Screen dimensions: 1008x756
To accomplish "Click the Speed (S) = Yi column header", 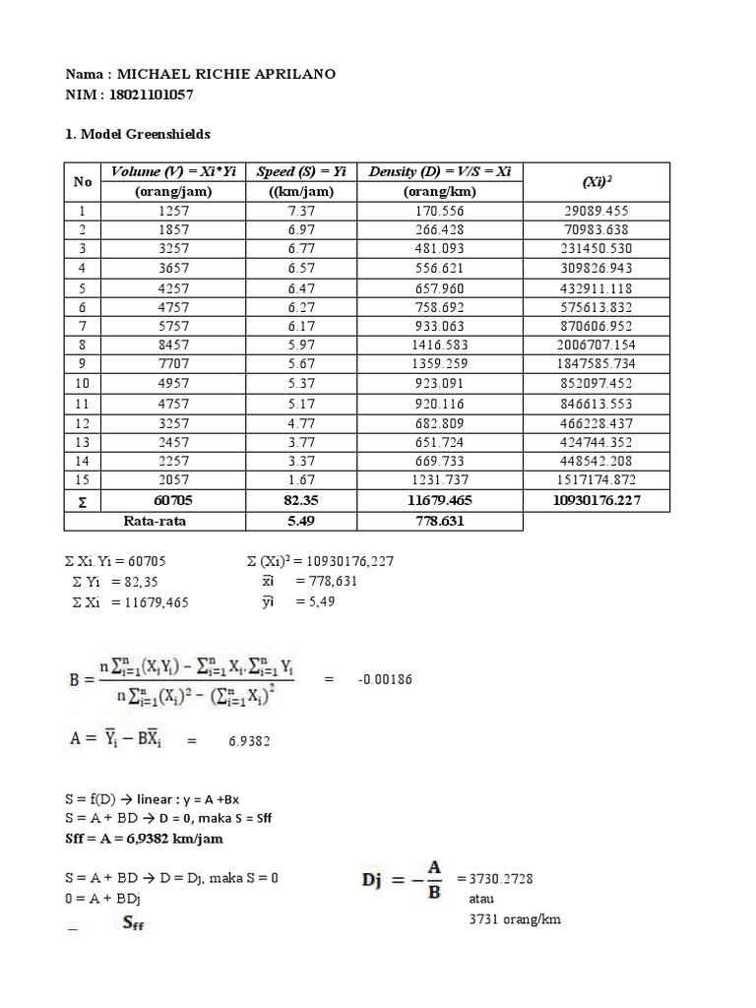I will click(300, 172).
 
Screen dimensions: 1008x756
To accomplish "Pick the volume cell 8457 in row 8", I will click(172, 346).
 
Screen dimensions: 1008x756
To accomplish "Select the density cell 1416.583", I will click(439, 346).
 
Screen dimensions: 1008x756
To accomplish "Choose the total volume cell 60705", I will click(172, 501).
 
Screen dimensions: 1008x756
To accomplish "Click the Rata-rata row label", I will click(154, 521).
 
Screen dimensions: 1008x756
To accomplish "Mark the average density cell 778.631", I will click(439, 521).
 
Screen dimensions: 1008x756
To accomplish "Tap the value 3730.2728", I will click(505, 877).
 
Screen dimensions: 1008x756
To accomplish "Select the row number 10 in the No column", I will click(82, 384).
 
